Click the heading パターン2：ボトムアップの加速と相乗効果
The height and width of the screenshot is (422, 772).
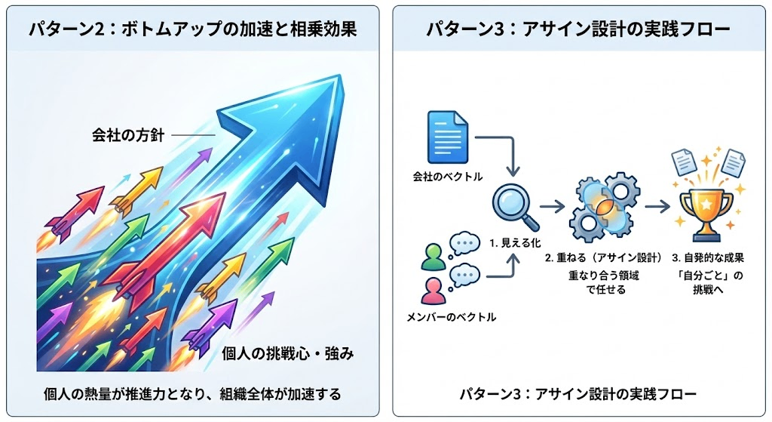click(192, 29)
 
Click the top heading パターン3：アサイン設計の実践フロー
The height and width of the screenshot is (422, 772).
click(578, 29)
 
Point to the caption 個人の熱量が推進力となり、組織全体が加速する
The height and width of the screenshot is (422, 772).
click(192, 393)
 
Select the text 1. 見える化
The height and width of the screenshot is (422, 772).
click(514, 244)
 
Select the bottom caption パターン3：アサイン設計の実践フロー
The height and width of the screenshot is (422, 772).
click(578, 393)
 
